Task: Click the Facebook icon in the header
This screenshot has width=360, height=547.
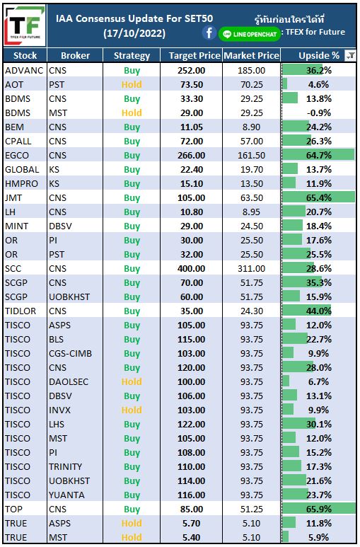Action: pos(209,33)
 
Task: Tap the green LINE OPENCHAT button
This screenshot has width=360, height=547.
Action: pos(250,34)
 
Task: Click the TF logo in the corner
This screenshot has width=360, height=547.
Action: pos(25,25)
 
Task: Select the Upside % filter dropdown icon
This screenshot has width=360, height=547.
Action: pos(350,55)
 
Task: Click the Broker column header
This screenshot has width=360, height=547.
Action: pos(75,55)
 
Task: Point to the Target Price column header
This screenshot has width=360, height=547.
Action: pos(194,55)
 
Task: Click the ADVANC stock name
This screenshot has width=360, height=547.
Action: pos(24,71)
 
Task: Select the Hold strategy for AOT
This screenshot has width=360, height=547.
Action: pos(132,84)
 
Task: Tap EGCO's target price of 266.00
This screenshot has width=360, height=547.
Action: pos(192,155)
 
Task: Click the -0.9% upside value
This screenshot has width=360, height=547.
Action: pos(318,113)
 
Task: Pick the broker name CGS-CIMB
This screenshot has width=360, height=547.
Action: pos(70,353)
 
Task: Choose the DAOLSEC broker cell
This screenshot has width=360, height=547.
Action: pos(69,381)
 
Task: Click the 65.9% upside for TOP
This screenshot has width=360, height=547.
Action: pos(318,509)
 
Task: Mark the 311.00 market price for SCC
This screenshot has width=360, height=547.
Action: pos(252,269)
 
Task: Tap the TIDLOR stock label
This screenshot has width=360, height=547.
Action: pos(21,311)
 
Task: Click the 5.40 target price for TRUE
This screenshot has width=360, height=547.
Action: pos(192,537)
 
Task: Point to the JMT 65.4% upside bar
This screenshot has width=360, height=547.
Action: pos(318,198)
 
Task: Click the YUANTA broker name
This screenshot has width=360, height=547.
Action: pos(66,495)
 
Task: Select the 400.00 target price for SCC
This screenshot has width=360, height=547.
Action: pos(192,269)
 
